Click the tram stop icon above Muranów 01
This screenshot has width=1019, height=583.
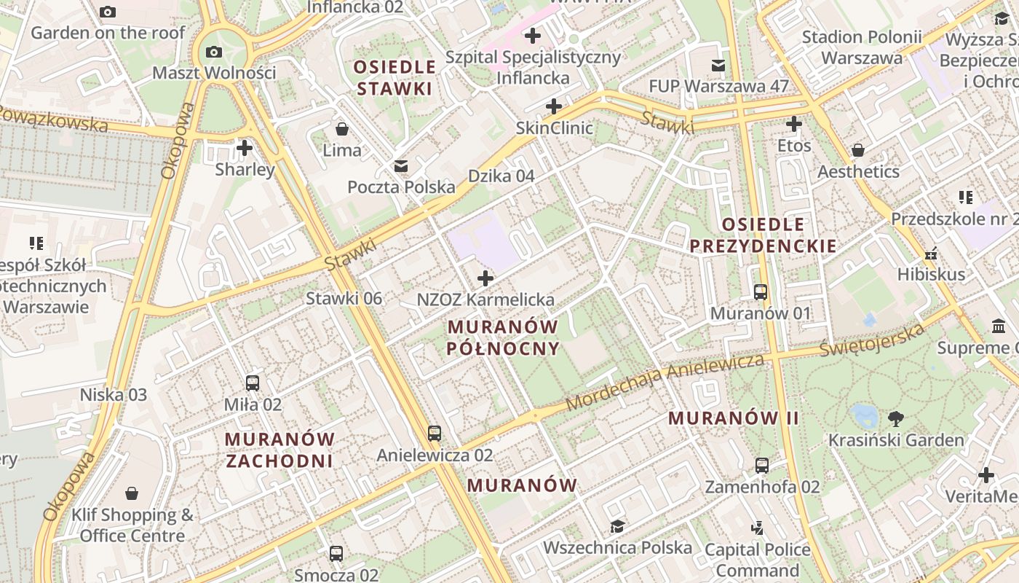[761, 292]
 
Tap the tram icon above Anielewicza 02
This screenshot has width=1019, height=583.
[435, 434]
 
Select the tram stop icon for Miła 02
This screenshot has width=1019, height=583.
[253, 383]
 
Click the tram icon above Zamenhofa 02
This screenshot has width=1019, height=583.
[762, 466]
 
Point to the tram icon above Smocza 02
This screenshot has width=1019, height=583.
[336, 554]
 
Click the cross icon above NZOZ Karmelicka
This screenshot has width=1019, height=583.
[485, 278]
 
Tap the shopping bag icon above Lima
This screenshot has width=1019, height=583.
[342, 130]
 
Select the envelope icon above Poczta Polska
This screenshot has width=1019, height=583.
[401, 166]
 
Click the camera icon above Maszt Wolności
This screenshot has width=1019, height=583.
[214, 52]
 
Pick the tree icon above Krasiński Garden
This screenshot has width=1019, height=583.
[896, 419]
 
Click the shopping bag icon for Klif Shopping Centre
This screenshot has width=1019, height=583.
[132, 494]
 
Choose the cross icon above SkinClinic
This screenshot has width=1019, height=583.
[554, 107]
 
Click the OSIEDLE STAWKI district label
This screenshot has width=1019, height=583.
[394, 78]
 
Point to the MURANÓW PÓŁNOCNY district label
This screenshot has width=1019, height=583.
[504, 337]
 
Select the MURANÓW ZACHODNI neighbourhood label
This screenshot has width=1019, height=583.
[279, 450]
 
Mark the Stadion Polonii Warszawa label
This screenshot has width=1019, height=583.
[862, 47]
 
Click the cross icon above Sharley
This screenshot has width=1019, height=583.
[245, 149]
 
